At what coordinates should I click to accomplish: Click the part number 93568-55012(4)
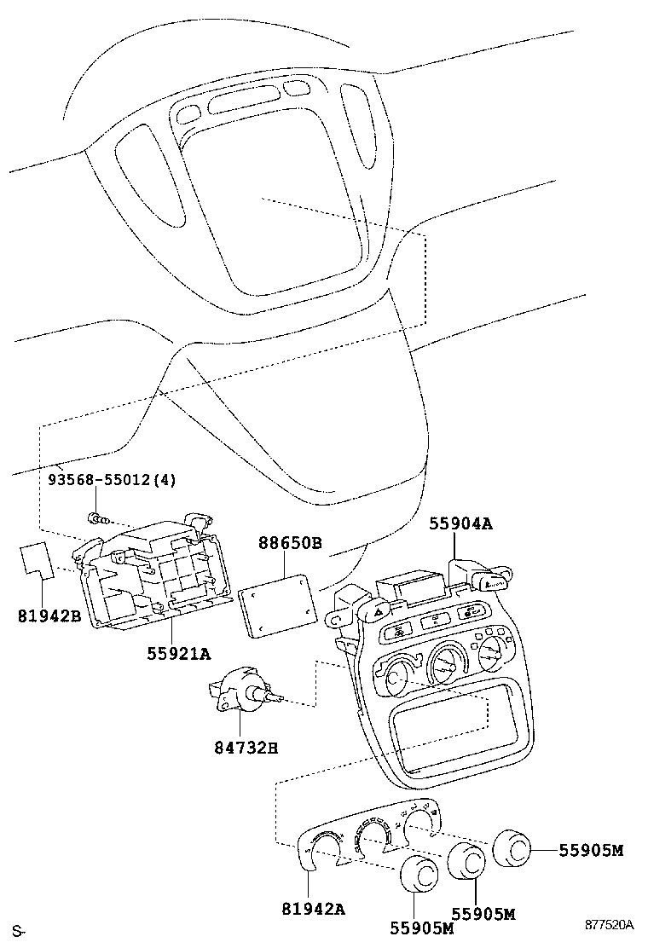[111, 480]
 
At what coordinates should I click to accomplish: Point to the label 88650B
[290, 542]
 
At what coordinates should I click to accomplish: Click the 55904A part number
[461, 525]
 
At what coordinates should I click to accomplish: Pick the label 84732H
[246, 749]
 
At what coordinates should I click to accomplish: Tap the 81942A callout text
[313, 909]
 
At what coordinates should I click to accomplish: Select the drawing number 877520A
[609, 925]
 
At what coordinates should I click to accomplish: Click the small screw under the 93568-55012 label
[95, 517]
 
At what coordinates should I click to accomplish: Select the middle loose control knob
[466, 862]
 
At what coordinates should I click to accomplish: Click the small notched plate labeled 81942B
[37, 558]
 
